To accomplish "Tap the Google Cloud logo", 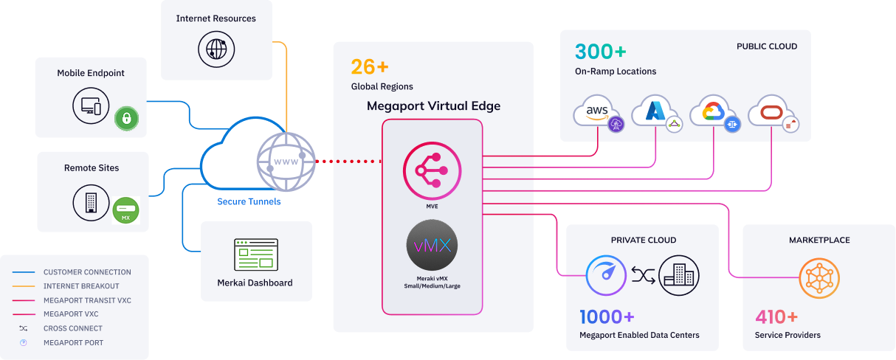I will click(x=711, y=112).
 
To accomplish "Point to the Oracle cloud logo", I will click(x=769, y=112).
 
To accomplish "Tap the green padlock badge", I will click(x=126, y=118).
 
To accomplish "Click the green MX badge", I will click(x=125, y=210).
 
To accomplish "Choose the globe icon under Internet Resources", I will click(x=216, y=49).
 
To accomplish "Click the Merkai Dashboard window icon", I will click(x=255, y=255).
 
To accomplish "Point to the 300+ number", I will click(x=601, y=52).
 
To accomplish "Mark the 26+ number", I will click(x=370, y=67).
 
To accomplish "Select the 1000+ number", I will click(x=607, y=317).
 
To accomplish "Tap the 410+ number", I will click(x=776, y=317).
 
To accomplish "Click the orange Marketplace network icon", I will click(x=819, y=277).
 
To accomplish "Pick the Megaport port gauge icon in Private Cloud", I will click(x=606, y=276).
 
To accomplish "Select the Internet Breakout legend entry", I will click(x=81, y=286).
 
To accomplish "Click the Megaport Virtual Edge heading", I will click(x=433, y=106).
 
